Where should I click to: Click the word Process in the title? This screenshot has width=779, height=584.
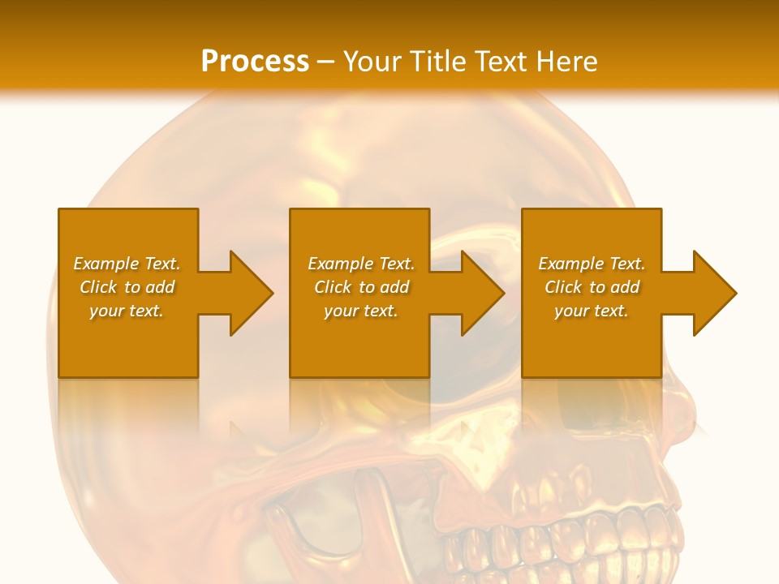coord(255,61)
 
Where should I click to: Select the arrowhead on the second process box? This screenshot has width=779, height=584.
coord(482,293)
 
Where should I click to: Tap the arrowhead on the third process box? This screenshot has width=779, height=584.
coord(714,293)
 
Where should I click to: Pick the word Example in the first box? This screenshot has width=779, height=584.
coord(105,264)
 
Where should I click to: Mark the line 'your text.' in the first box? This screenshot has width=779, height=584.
coord(127,311)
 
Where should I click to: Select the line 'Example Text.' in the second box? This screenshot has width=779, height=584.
coord(361,264)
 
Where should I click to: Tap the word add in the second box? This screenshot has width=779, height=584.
coord(394,287)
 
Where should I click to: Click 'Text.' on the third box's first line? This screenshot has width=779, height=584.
coord(626,264)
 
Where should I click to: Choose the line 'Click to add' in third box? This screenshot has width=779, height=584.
coord(592,287)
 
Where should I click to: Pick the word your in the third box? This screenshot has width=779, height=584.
coord(571,311)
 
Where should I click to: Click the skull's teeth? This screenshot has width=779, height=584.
coord(568,543)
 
